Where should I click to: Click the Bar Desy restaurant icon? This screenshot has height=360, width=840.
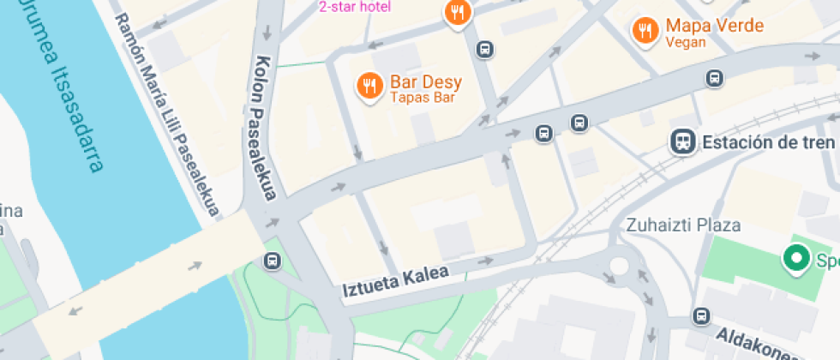coord(370,86)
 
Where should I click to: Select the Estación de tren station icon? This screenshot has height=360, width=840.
coord(683,141)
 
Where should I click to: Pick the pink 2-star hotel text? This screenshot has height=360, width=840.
coord(354,7)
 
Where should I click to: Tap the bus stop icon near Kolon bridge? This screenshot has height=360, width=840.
coord(273,261)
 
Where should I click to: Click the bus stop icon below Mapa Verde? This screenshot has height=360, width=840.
coord(715,79)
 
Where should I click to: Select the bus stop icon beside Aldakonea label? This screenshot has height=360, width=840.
coord(702,316)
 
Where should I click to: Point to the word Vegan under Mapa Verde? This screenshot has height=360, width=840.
coord(685,42)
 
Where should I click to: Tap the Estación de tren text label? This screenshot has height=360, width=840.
coord(768,142)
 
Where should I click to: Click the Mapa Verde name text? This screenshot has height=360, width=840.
coord(714,26)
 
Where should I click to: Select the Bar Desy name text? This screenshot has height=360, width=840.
coord(426,82)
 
